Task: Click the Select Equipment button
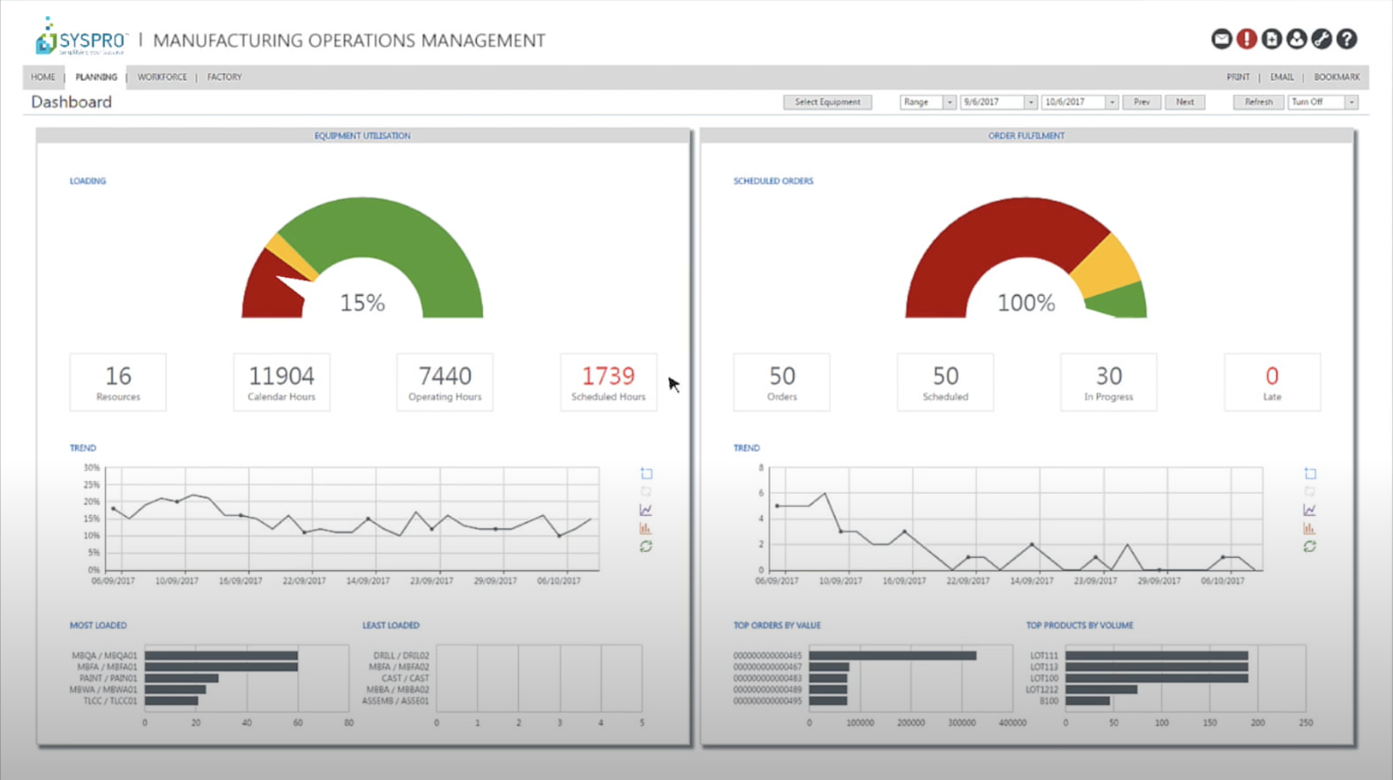point(827,102)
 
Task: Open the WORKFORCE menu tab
point(162,77)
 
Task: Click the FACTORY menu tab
point(224,77)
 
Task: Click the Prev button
point(1141,102)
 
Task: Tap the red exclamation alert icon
point(1246,39)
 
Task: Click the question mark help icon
point(1346,39)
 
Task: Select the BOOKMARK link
point(1336,77)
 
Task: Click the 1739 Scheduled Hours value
point(608,376)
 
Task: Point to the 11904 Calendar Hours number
point(281,376)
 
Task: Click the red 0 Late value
point(1271,376)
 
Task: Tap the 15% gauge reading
point(362,303)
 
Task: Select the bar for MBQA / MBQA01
point(221,656)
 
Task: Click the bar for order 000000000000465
point(892,656)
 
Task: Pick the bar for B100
point(1087,701)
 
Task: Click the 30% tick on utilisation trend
point(92,468)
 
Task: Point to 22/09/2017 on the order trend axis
point(967,581)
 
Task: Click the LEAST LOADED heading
point(391,625)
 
